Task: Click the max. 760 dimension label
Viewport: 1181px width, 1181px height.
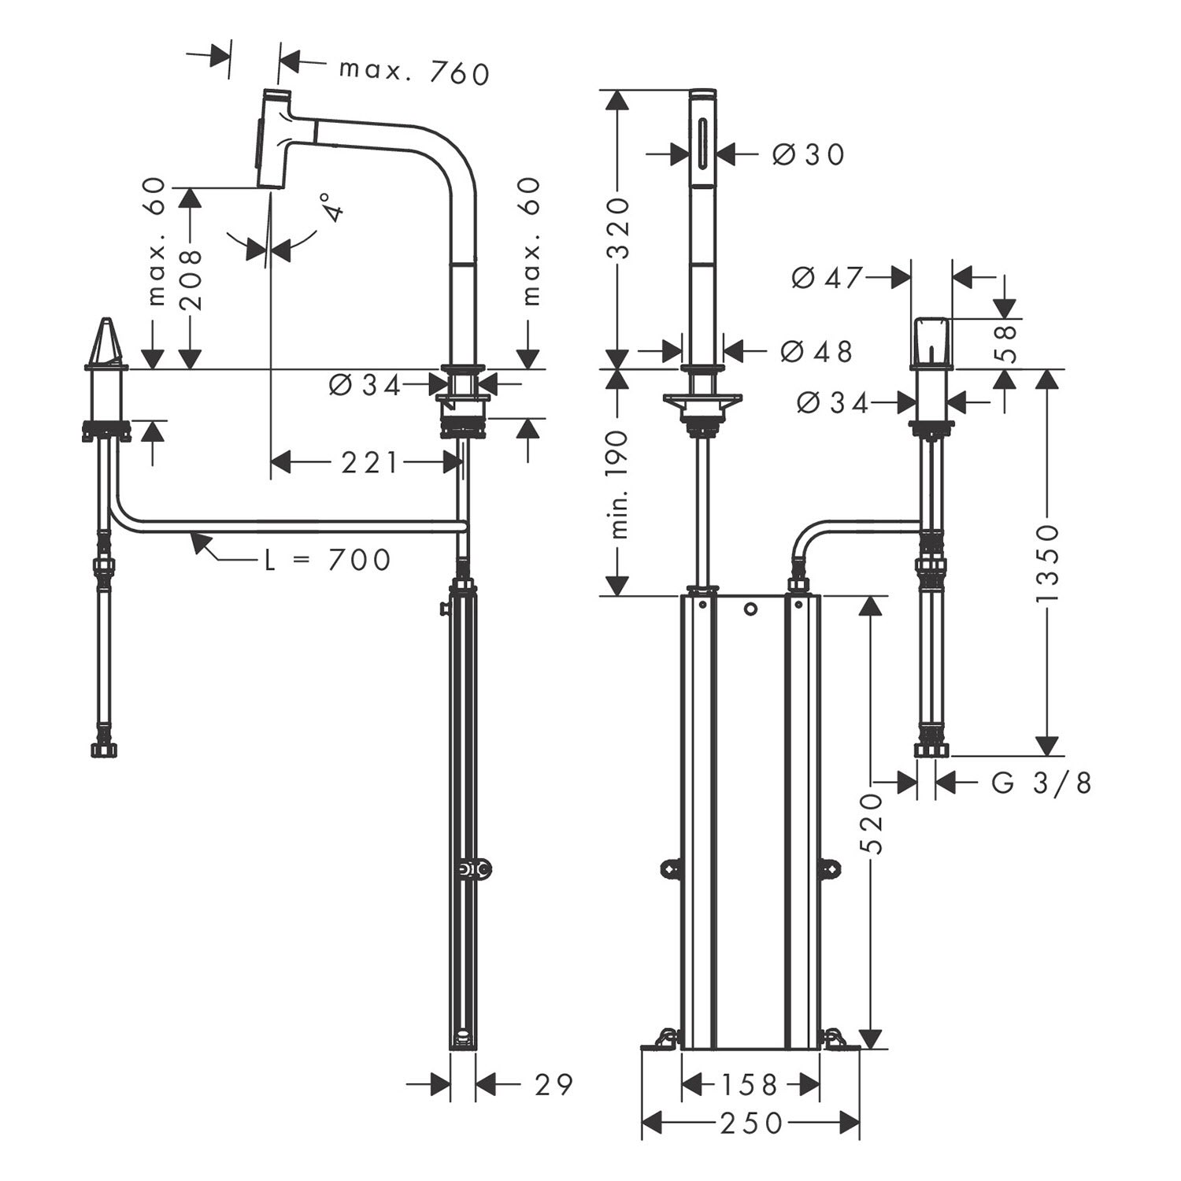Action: pyautogui.click(x=414, y=72)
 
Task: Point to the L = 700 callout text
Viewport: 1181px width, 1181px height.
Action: pyautogui.click(x=328, y=560)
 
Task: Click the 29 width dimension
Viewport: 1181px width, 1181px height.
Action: pyautogui.click(x=553, y=1085)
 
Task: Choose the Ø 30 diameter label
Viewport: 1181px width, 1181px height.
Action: pyautogui.click(x=809, y=154)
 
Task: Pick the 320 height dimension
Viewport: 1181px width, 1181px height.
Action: pyautogui.click(x=619, y=228)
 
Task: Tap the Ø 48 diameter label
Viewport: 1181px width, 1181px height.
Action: pyautogui.click(x=816, y=351)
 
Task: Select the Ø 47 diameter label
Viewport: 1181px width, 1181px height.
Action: pyautogui.click(x=827, y=277)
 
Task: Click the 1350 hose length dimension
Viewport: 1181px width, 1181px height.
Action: pyautogui.click(x=1047, y=563)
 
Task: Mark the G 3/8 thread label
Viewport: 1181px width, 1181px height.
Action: pyautogui.click(x=1041, y=783)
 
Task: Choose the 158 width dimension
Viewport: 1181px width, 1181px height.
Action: pyautogui.click(x=748, y=1086)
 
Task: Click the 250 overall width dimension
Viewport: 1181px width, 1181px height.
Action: pyautogui.click(x=751, y=1123)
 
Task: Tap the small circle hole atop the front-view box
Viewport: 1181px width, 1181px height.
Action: pyautogui.click(x=750, y=609)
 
